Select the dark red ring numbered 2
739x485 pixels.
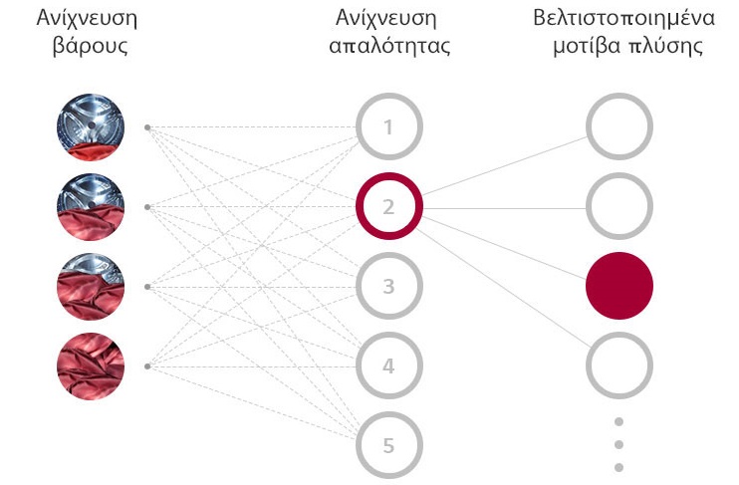388,177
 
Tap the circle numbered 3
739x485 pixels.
388,257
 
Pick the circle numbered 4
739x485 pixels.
388,337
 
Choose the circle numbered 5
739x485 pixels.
388,416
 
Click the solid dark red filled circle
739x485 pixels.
619,286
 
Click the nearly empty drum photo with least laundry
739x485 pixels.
91,127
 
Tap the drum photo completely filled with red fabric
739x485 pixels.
91,366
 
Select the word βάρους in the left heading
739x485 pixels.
90,47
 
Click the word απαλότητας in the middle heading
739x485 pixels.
389,46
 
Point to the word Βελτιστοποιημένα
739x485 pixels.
624,18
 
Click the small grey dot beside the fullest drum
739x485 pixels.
147,366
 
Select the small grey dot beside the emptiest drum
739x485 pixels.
147,127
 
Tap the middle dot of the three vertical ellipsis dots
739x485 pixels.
619,444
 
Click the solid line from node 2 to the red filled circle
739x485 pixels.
505,246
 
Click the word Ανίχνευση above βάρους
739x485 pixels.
88,19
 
